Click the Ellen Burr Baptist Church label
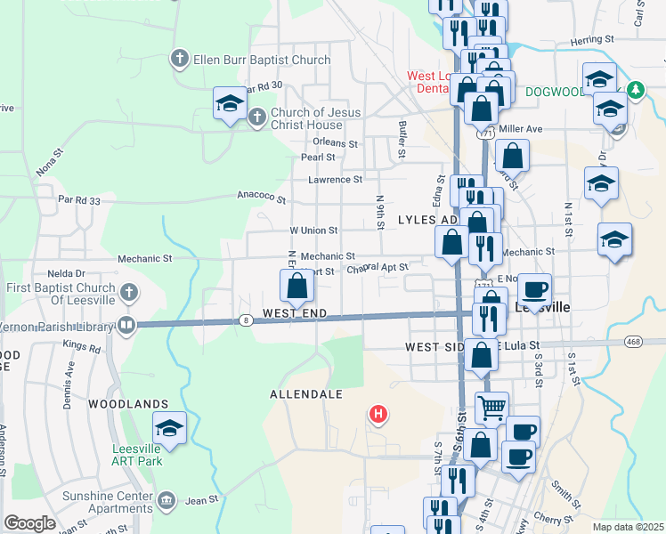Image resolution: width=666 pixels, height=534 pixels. (x=250, y=61)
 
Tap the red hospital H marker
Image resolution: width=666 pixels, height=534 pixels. (x=379, y=414)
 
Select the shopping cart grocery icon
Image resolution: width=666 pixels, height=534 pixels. (x=491, y=408)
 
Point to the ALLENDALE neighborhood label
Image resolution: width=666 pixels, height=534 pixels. (x=306, y=392)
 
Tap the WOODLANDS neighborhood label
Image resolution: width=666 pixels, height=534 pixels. (x=128, y=403)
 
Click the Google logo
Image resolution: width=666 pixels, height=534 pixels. (x=29, y=523)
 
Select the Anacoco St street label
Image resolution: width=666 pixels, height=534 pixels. (x=261, y=198)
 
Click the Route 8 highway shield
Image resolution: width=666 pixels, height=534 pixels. (x=246, y=320)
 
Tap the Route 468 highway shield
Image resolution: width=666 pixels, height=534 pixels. (x=633, y=341)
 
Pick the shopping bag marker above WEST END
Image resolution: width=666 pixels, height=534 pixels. (x=297, y=287)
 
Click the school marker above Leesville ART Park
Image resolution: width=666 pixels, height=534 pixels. (x=169, y=427)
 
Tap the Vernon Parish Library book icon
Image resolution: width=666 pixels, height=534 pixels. (x=126, y=326)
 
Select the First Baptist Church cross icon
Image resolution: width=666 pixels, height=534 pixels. (x=129, y=291)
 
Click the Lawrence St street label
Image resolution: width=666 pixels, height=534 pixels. (x=336, y=179)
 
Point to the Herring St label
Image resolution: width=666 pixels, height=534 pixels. (x=592, y=40)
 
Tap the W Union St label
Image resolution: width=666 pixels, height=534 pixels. (x=313, y=230)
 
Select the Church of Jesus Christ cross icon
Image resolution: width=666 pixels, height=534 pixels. (x=257, y=116)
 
